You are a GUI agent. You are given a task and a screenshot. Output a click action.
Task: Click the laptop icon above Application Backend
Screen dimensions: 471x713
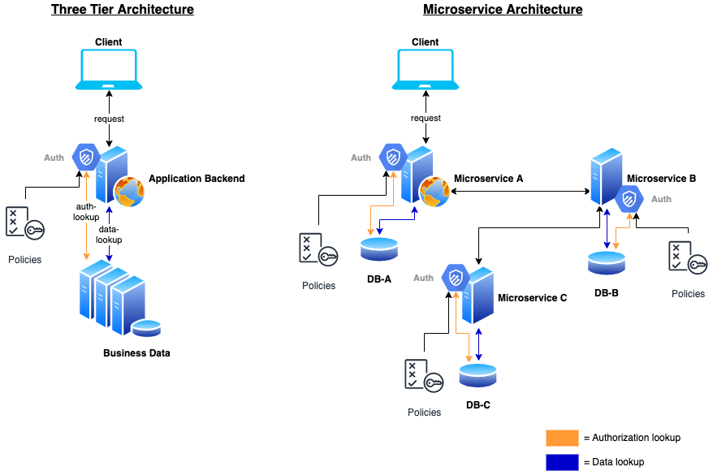tap(109, 69)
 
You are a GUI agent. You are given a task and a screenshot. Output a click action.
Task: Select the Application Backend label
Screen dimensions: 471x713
tap(197, 179)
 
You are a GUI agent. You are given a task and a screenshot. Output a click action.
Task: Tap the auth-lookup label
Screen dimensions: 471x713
tap(86, 212)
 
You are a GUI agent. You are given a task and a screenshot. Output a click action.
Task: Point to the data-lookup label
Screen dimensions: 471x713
tap(109, 235)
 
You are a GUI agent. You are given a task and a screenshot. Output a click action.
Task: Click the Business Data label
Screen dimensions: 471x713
tap(136, 353)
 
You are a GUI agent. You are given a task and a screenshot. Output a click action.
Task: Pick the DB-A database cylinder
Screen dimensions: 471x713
tap(378, 248)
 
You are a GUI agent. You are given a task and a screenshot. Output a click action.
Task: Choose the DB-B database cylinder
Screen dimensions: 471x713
tap(607, 262)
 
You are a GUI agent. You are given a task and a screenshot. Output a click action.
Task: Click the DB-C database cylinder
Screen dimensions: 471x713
tap(477, 375)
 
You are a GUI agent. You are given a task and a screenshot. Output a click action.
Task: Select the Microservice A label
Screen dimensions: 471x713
tap(488, 179)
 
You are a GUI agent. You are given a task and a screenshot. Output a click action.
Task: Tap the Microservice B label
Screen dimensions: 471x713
tap(661, 178)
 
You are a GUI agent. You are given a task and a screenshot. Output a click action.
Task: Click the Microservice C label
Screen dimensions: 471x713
tap(532, 298)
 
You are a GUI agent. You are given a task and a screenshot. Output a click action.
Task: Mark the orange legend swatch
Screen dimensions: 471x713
tap(562, 439)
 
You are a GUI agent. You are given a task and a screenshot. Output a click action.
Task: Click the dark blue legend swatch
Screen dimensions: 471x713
tap(562, 462)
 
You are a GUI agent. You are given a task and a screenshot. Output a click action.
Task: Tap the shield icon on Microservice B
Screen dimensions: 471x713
tap(629, 199)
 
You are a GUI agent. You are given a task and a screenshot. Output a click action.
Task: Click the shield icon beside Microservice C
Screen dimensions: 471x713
tap(456, 278)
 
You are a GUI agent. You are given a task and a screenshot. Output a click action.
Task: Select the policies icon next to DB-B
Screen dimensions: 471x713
tap(688, 258)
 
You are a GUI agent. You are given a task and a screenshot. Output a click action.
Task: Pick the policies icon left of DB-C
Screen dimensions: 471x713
tap(424, 376)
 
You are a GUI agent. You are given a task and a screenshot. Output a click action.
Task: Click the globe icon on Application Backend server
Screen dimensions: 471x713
tap(130, 192)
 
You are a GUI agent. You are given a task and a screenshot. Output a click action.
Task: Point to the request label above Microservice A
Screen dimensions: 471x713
tap(426, 119)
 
